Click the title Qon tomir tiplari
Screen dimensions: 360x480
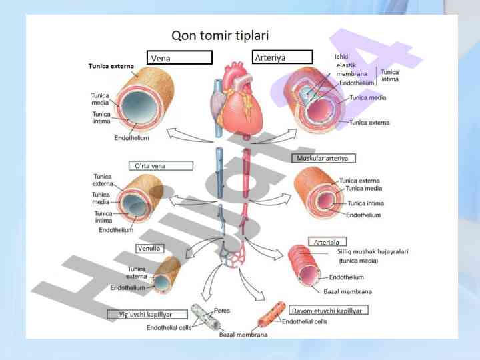click(220, 35)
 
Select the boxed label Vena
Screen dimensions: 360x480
click(179, 58)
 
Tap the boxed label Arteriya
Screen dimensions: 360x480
click(282, 57)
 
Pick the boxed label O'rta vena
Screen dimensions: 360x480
click(161, 165)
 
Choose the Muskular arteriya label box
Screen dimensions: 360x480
click(323, 158)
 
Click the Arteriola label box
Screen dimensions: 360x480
click(327, 241)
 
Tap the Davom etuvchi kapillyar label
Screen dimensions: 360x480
click(329, 311)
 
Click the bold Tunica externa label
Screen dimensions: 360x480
click(111, 67)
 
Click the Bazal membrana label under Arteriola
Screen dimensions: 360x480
click(347, 291)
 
